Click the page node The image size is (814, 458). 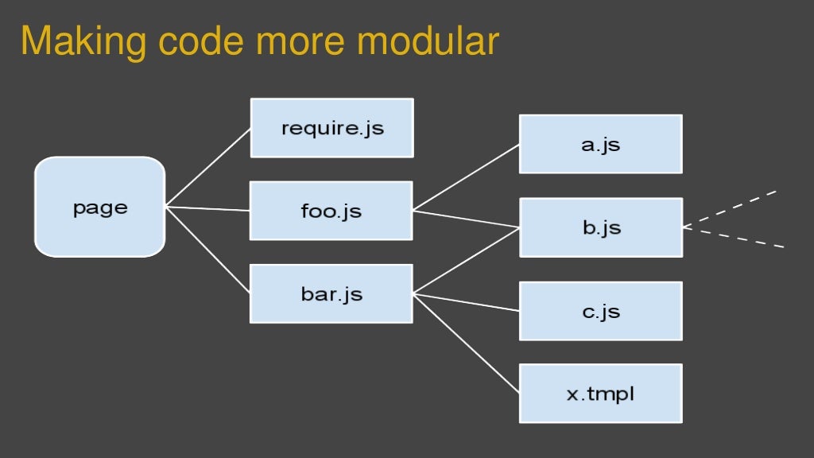(x=99, y=207)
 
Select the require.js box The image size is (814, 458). (x=331, y=127)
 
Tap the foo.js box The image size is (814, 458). (x=331, y=211)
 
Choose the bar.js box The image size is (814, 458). (x=331, y=293)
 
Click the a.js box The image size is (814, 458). (x=600, y=144)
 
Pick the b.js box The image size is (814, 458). (x=600, y=227)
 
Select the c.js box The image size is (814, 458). (x=600, y=311)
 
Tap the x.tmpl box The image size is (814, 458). (x=600, y=394)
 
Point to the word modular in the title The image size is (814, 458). (x=428, y=41)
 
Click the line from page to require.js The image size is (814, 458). (x=208, y=167)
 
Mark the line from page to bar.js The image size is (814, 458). (x=208, y=250)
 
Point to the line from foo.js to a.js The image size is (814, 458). (x=466, y=177)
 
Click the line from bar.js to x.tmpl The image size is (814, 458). (x=466, y=343)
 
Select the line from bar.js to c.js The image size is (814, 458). (x=466, y=302)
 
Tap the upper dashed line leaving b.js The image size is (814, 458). (x=729, y=209)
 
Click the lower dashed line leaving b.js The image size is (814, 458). (x=733, y=238)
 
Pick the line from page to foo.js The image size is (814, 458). (x=208, y=209)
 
